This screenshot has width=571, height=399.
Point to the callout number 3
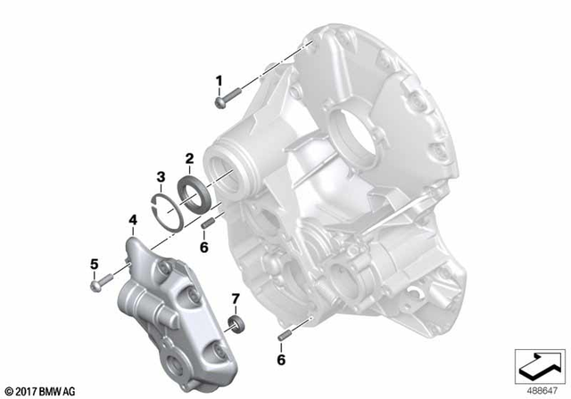click(x=160, y=175)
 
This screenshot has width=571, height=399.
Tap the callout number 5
click(x=95, y=263)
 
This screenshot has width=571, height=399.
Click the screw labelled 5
click(x=103, y=282)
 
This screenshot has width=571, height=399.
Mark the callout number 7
click(x=236, y=297)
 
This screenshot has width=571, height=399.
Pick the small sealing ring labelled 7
click(x=236, y=321)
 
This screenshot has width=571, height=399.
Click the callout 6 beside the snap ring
click(x=203, y=248)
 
